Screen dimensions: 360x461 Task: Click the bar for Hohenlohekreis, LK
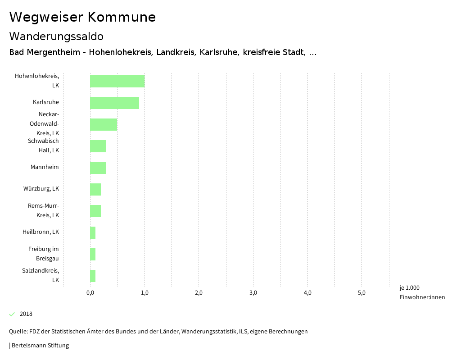pos(117,81)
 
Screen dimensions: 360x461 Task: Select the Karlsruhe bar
pos(114,103)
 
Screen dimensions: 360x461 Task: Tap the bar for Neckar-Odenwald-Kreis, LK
pos(104,124)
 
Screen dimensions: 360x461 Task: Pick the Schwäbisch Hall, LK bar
pos(98,146)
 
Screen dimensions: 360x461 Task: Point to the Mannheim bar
pos(98,168)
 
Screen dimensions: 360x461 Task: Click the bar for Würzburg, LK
pos(95,189)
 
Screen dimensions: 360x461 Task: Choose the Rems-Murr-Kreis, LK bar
pos(95,211)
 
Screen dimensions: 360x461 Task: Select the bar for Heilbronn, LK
pos(93,232)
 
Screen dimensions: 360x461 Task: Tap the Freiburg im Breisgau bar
pos(93,254)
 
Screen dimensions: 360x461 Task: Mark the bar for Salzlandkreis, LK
pos(93,276)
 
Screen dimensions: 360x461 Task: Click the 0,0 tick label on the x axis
pos(90,293)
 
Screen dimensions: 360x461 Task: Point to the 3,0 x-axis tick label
pos(253,293)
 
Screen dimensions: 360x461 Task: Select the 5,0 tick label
pos(362,293)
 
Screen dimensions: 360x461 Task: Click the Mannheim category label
pos(45,167)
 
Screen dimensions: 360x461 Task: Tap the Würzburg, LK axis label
pos(41,189)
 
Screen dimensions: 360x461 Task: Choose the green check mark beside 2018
pos(12,314)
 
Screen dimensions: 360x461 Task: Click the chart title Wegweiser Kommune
pos(82,17)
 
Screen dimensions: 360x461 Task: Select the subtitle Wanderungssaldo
pos(56,36)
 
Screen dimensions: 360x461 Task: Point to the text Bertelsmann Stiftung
pos(40,346)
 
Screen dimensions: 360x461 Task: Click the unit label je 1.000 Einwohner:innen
pos(422,292)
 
